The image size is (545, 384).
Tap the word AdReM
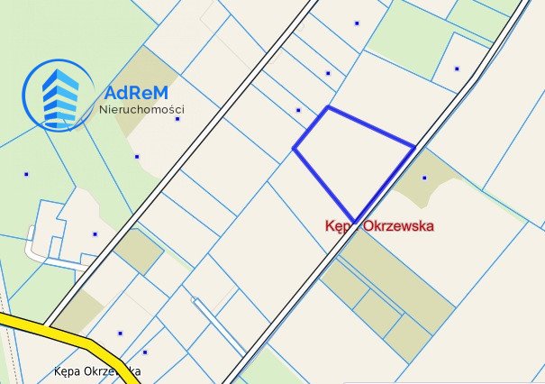pyautogui.click(x=136, y=92)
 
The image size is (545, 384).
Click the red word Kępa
pyautogui.click(x=341, y=227)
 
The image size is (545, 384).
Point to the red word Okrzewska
pyautogui.click(x=399, y=227)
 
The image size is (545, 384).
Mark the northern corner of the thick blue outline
pyautogui.click(x=328, y=107)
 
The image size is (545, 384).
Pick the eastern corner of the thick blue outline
pyautogui.click(x=414, y=146)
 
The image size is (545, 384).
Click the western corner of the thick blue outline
pyautogui.click(x=294, y=148)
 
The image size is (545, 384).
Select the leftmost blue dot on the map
pyautogui.click(x=26, y=174)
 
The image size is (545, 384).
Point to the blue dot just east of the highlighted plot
pyautogui.click(x=424, y=178)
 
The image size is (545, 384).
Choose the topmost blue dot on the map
pyautogui.click(x=357, y=23)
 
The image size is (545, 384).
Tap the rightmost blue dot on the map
pyautogui.click(x=457, y=69)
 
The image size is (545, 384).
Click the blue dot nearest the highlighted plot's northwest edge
pyautogui.click(x=298, y=110)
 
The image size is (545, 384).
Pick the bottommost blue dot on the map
pyautogui.click(x=144, y=352)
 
